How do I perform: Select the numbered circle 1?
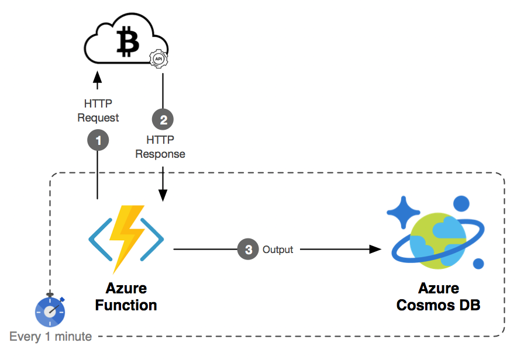point(98,140)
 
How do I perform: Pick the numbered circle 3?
point(248,250)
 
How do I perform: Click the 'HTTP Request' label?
point(98,111)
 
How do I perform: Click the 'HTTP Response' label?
point(160,147)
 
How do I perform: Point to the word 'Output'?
point(278,250)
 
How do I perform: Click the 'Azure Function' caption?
point(126,297)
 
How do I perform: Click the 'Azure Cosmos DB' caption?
point(438,297)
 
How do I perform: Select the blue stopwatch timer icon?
point(50,311)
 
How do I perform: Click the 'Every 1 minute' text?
point(50,337)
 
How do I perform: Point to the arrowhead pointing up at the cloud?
point(98,77)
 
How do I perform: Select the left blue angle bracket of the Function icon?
point(99,240)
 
